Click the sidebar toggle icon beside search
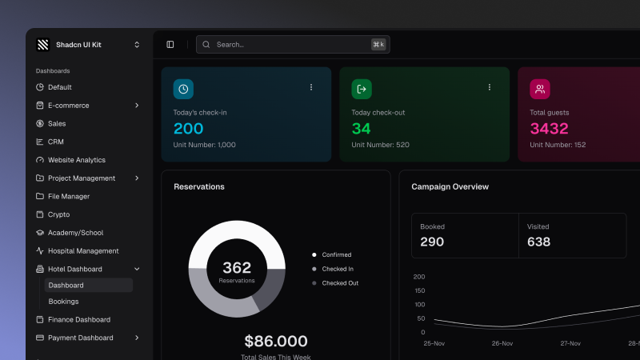click(x=170, y=45)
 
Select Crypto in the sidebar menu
click(x=58, y=214)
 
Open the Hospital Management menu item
click(x=82, y=250)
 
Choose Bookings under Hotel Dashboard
click(x=63, y=302)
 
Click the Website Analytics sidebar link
click(x=76, y=160)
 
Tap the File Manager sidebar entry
click(x=68, y=196)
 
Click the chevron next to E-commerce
click(x=137, y=106)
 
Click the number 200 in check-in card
click(x=188, y=129)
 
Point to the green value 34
click(x=361, y=129)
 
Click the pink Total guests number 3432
click(x=549, y=129)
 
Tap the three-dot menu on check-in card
click(x=311, y=87)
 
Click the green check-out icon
click(x=362, y=89)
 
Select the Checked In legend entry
click(x=337, y=269)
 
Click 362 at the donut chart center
click(x=237, y=268)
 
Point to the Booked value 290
click(x=432, y=242)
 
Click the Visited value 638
click(x=538, y=242)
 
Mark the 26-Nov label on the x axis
click(x=502, y=343)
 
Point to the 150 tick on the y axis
click(x=419, y=290)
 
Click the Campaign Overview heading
click(x=450, y=186)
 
